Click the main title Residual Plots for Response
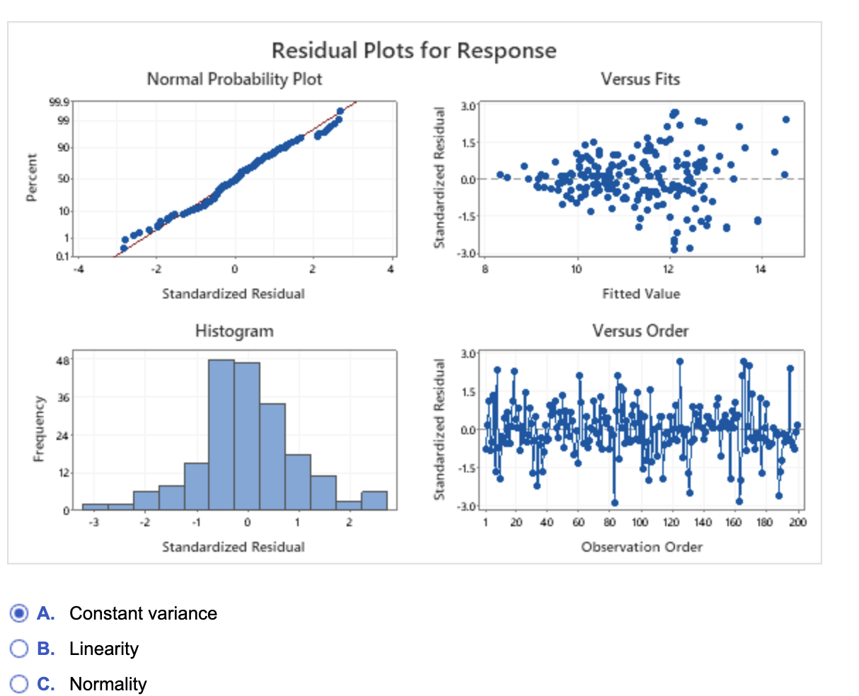pyautogui.click(x=414, y=51)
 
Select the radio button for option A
pyautogui.click(x=20, y=613)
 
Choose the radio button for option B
pyautogui.click(x=20, y=649)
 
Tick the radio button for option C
pyautogui.click(x=20, y=684)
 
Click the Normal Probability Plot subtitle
pyautogui.click(x=234, y=79)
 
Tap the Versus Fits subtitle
pyautogui.click(x=640, y=79)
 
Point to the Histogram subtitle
pyautogui.click(x=234, y=331)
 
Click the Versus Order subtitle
pyautogui.click(x=640, y=331)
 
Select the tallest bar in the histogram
pyautogui.click(x=221, y=434)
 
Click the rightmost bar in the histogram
pyautogui.click(x=374, y=500)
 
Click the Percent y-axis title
pyautogui.click(x=31, y=178)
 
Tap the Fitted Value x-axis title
pyautogui.click(x=641, y=294)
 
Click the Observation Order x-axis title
pyautogui.click(x=642, y=547)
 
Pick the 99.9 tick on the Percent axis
pyautogui.click(x=60, y=103)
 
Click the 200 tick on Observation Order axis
pyautogui.click(x=798, y=523)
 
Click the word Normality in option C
pyautogui.click(x=108, y=684)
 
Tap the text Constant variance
pyautogui.click(x=143, y=613)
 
